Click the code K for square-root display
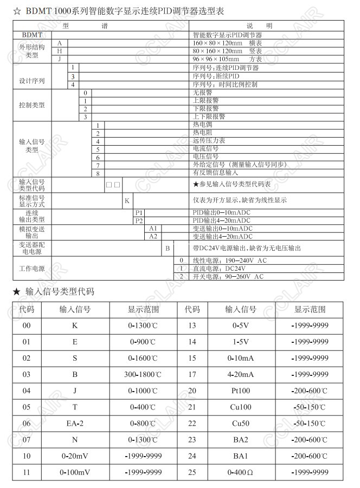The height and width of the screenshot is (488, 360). coord(126,200)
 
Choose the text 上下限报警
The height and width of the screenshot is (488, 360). coord(209,116)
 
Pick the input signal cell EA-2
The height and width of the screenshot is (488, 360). coord(74,424)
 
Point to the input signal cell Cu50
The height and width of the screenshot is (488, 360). coord(240,424)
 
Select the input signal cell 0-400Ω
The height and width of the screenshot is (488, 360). coord(240,472)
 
